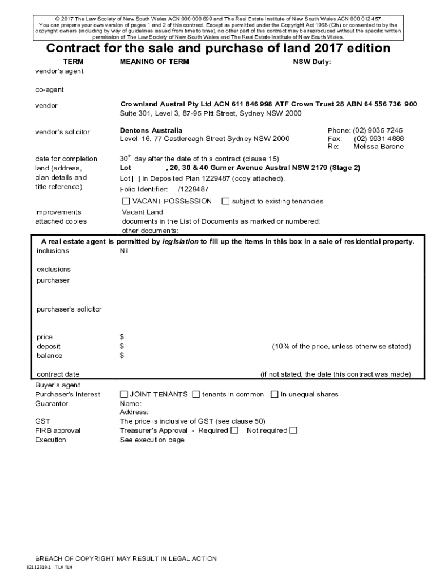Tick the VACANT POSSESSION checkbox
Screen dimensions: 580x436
point(126,201)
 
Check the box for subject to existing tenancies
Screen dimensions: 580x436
point(225,201)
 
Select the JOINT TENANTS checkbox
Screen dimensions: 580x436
point(124,394)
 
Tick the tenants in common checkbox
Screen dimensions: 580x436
point(196,394)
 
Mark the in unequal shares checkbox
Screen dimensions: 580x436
point(274,394)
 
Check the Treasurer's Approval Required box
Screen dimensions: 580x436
point(234,430)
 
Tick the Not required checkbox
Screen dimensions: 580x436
point(293,430)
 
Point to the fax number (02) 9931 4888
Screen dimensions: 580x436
point(379,139)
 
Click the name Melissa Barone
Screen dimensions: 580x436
point(379,147)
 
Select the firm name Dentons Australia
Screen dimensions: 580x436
point(151,130)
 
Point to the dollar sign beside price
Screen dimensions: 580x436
point(122,337)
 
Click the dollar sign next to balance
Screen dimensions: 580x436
point(122,356)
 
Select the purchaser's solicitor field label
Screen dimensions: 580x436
point(69,309)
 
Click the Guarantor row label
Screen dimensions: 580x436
point(52,403)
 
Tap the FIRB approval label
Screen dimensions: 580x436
point(58,430)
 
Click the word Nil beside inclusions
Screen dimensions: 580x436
point(124,251)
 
